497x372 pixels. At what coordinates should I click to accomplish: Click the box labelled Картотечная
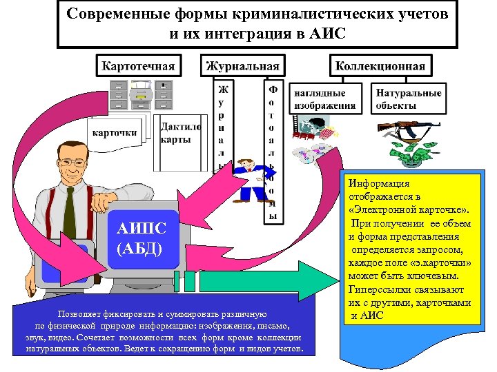(138, 66)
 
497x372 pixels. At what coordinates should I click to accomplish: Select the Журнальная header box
(243, 66)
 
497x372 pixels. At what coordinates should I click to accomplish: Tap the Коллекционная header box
(380, 66)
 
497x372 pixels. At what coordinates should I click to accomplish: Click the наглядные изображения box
(325, 99)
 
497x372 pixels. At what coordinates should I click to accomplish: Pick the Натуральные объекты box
(408, 99)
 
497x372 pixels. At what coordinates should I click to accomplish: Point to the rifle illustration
(409, 129)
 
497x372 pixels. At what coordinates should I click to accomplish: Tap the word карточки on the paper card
(115, 132)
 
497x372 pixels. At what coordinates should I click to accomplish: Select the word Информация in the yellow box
(379, 184)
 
